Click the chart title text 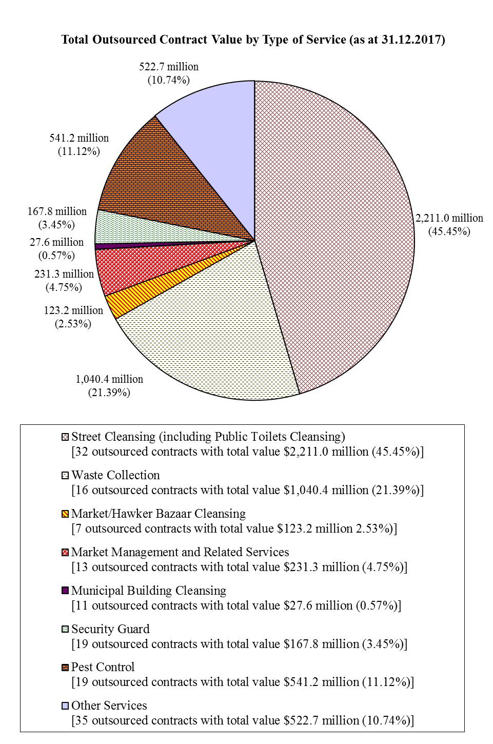(x=253, y=40)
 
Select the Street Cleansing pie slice (x=333, y=231)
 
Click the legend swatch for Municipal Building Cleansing (x=65, y=591)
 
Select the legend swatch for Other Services (x=65, y=706)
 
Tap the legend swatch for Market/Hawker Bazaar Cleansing (x=65, y=514)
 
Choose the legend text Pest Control (x=103, y=667)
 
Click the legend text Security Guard (x=110, y=629)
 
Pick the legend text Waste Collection (x=115, y=475)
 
